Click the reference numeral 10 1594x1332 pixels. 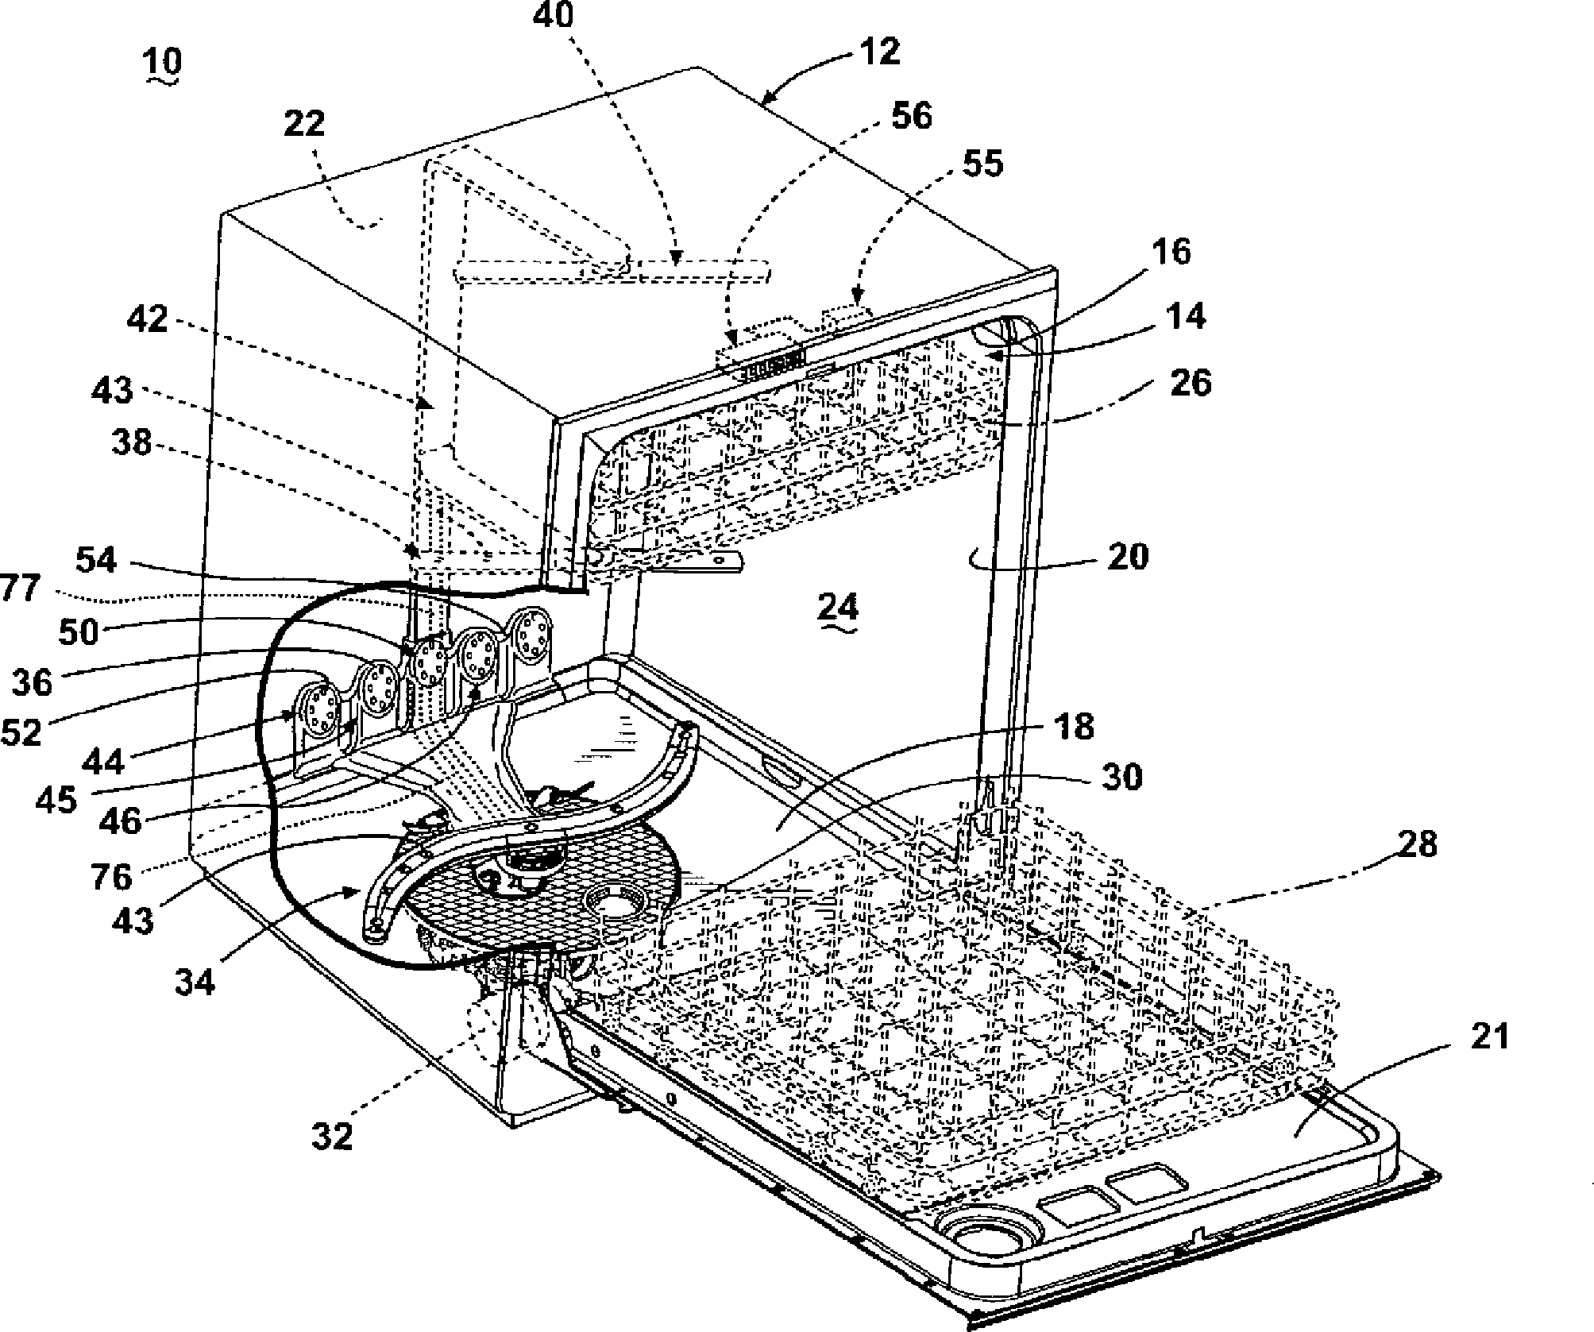(164, 60)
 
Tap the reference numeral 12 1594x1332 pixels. (879, 52)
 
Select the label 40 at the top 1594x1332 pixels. (554, 16)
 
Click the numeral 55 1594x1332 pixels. (982, 164)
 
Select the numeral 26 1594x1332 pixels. (1191, 383)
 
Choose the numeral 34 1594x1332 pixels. (195, 983)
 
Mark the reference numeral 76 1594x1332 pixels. (111, 877)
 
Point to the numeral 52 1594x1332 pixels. (21, 732)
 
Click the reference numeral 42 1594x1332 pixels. (148, 320)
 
